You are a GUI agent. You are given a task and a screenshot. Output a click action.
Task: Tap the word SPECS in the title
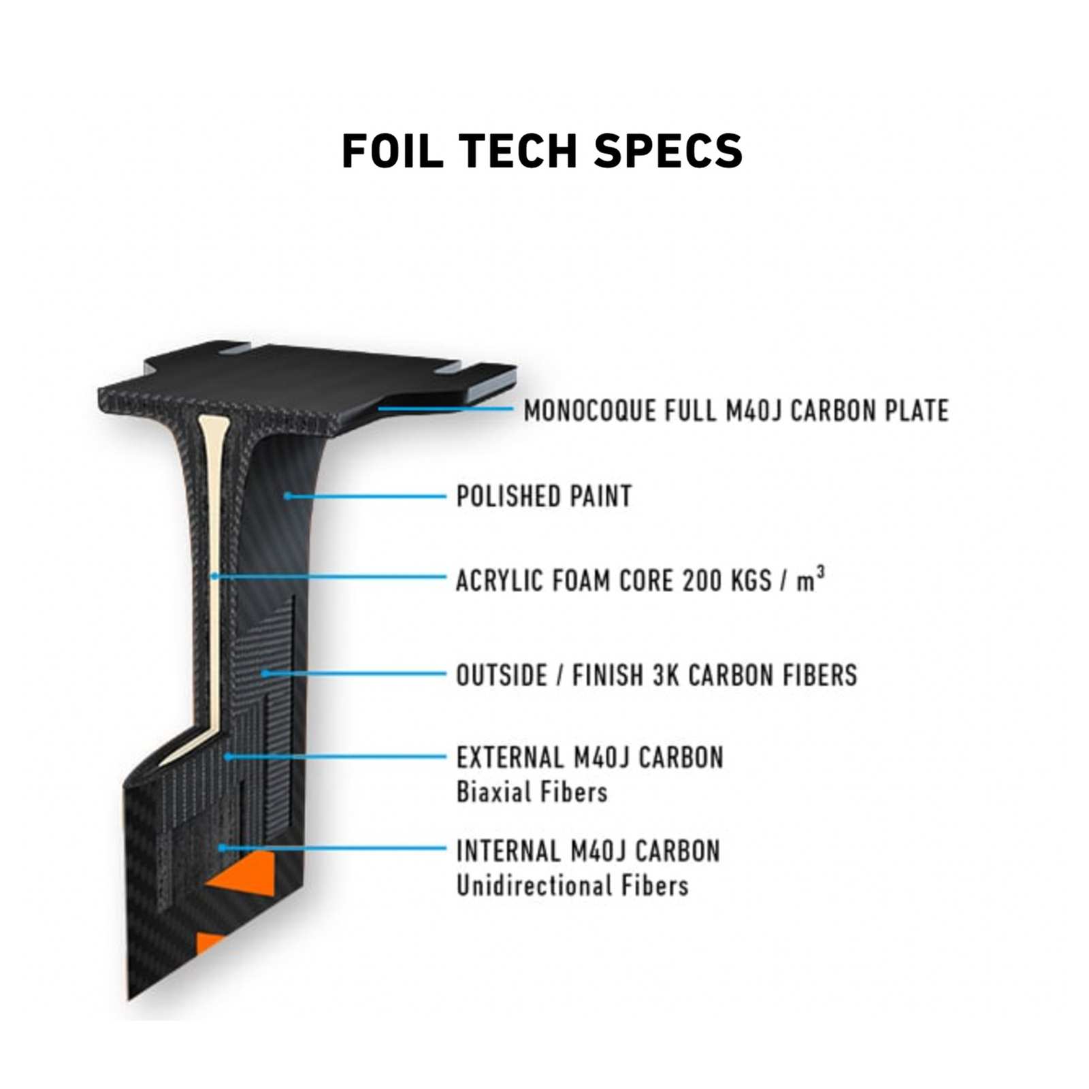pos(668,150)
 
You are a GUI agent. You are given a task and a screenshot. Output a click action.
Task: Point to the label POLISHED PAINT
pos(544,496)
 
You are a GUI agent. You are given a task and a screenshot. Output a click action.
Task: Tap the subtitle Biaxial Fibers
pos(532,792)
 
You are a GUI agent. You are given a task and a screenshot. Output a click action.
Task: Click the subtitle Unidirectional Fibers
pos(572,885)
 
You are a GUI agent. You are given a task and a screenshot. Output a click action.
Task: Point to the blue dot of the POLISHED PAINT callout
pos(288,495)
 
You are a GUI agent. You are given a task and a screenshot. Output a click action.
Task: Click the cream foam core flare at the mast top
pos(212,428)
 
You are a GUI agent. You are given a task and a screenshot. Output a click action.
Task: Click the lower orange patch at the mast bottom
pos(207,943)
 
